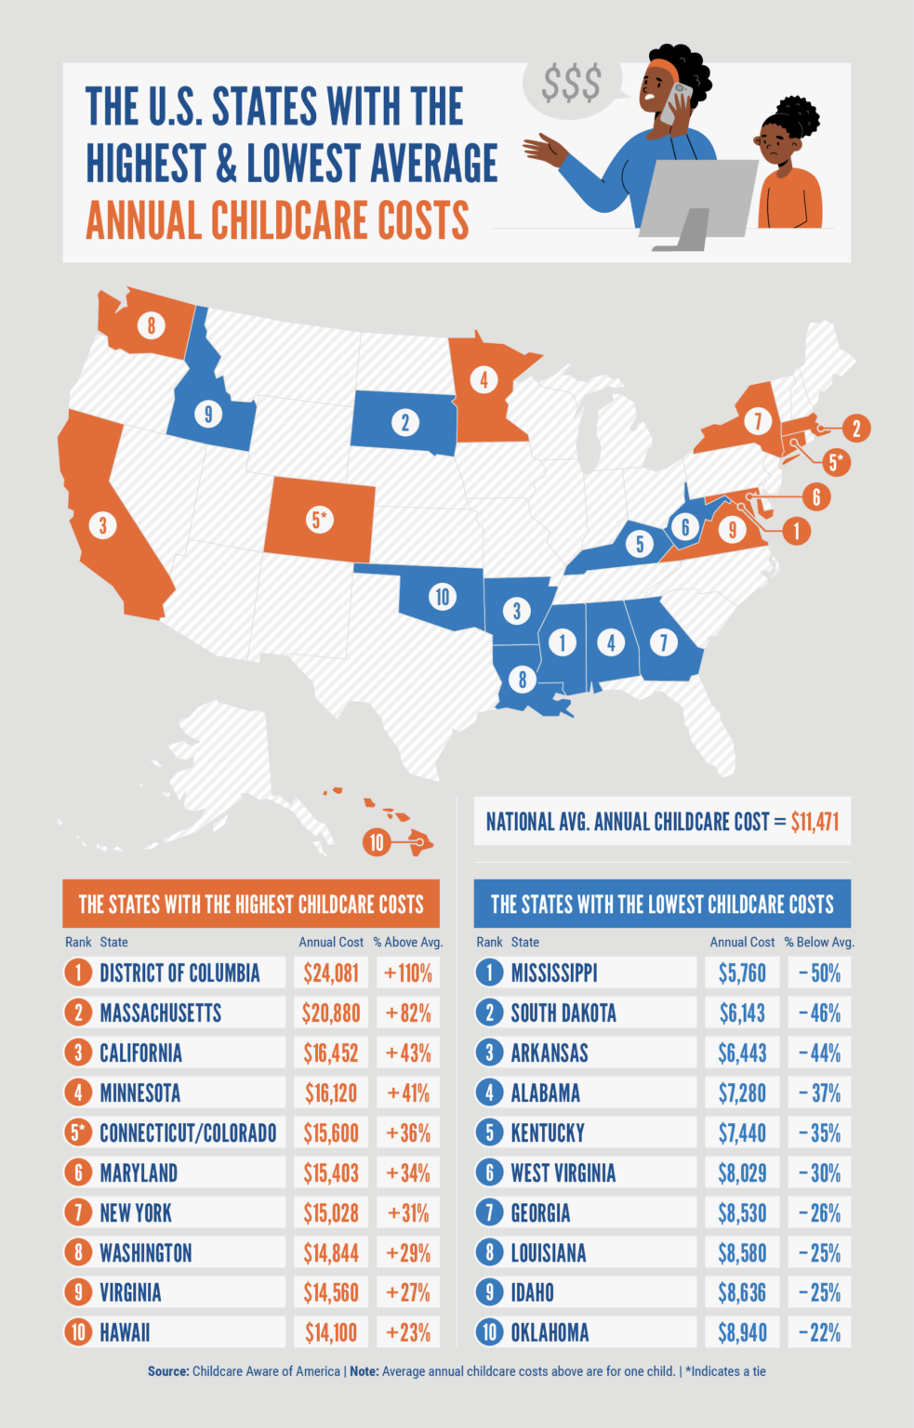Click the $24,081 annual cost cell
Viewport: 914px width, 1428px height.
[331, 973]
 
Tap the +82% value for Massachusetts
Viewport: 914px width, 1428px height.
[408, 1013]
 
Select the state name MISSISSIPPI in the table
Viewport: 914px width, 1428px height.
[554, 973]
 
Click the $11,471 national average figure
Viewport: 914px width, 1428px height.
[815, 822]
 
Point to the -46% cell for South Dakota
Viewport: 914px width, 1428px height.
[819, 1013]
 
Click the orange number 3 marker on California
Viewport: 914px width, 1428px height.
[102, 525]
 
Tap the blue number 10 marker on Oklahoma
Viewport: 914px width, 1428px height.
[443, 597]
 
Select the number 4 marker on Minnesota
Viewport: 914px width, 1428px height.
[483, 379]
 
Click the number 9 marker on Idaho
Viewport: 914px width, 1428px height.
[208, 414]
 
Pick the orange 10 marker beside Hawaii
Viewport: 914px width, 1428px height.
[376, 842]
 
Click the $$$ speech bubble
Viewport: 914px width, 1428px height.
[571, 84]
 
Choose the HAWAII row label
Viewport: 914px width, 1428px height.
[125, 1333]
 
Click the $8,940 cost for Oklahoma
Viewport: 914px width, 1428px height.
[742, 1333]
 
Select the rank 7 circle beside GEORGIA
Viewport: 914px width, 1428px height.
[489, 1213]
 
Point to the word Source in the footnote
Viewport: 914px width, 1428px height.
[168, 1371]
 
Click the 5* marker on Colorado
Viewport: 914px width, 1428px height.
[320, 520]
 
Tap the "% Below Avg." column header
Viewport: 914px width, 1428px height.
[819, 942]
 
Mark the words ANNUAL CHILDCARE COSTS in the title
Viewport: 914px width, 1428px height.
[277, 221]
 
